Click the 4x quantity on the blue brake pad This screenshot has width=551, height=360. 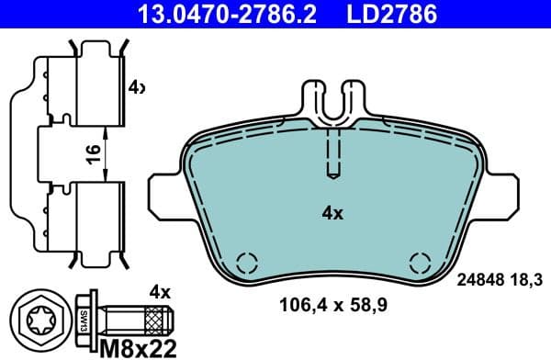tap(332, 214)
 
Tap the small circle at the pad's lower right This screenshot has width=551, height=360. tap(419, 261)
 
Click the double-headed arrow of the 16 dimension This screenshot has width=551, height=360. tap(107, 155)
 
